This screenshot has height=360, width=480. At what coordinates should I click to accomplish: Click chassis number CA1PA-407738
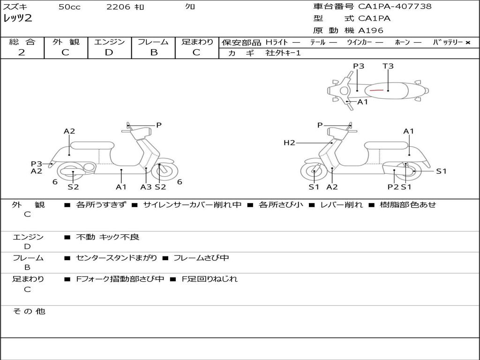click(x=395, y=7)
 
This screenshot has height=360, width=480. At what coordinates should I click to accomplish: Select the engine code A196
click(x=370, y=30)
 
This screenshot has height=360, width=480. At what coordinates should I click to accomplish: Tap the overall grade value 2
click(x=22, y=52)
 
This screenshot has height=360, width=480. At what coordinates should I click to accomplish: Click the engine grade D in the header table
click(x=109, y=52)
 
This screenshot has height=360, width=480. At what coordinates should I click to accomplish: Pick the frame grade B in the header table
click(x=153, y=52)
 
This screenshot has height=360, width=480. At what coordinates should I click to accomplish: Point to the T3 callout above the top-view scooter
click(x=388, y=66)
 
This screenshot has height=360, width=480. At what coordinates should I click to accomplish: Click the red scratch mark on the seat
click(x=376, y=89)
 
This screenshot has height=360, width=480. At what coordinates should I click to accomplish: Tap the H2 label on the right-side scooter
click(x=289, y=142)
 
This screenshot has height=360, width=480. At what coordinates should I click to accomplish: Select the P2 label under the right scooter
click(x=393, y=187)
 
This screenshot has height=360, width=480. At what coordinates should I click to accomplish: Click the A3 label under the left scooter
click(x=146, y=187)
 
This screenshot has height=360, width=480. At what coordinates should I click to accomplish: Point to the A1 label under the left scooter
click(x=121, y=187)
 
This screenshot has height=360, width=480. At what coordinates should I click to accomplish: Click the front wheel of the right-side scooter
click(x=314, y=172)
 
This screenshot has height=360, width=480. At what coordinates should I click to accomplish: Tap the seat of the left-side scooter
click(x=92, y=145)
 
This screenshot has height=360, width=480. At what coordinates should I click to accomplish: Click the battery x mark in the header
click(x=467, y=43)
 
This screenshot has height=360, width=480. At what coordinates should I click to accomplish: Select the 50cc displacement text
click(x=69, y=7)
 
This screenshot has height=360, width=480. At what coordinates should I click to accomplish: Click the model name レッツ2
click(x=18, y=19)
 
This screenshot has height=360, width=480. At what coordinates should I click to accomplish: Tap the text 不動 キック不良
click(x=108, y=237)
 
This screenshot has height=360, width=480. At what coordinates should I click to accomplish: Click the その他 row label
click(x=29, y=311)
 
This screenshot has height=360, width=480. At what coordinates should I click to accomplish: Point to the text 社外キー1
click(x=283, y=53)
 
